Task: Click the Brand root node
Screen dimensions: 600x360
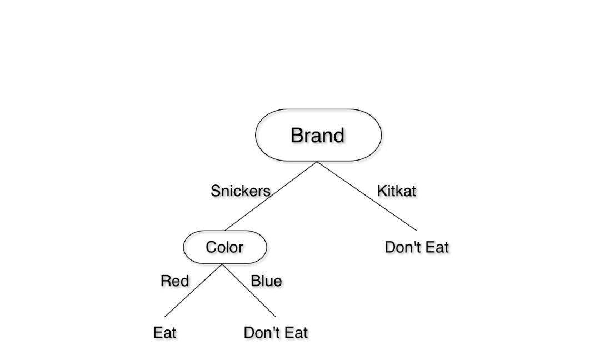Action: click(318, 135)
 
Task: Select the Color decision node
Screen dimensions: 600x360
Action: click(225, 247)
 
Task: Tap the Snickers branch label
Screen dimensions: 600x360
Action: click(241, 191)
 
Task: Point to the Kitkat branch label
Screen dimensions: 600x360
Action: click(397, 191)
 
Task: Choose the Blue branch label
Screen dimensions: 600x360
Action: click(266, 281)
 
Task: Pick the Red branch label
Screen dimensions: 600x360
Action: click(175, 281)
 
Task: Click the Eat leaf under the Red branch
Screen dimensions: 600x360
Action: click(164, 332)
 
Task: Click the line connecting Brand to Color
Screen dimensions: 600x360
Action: click(271, 196)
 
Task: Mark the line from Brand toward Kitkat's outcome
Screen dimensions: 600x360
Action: click(367, 196)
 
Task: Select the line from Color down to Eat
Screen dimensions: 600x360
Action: click(193, 291)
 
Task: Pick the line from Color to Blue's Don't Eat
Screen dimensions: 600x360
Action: click(249, 291)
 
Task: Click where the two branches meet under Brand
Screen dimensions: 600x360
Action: click(317, 162)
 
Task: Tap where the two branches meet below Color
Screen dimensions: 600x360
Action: click(222, 264)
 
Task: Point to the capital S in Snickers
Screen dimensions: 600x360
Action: click(215, 191)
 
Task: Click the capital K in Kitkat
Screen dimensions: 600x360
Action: click(382, 191)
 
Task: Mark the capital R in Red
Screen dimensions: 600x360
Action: click(166, 281)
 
